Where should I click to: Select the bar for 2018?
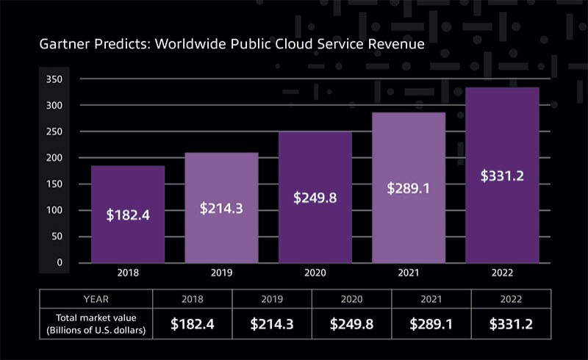pos(127,213)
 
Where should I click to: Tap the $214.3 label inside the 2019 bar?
pos(221,208)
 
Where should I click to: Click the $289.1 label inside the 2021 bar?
pos(409,187)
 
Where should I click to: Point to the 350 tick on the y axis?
pos(54,79)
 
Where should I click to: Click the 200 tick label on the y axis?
pos(54,158)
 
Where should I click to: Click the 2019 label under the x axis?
pos(221,273)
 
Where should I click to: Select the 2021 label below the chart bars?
pos(409,273)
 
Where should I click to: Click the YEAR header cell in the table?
pos(97,299)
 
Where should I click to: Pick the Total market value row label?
pos(97,324)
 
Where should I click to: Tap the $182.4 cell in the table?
pos(193,324)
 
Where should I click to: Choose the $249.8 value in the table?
pos(351,324)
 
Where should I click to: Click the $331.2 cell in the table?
pos(510,324)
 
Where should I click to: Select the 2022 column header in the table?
pos(510,299)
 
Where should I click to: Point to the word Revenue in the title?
pos(394,45)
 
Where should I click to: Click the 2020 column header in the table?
pos(351,299)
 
